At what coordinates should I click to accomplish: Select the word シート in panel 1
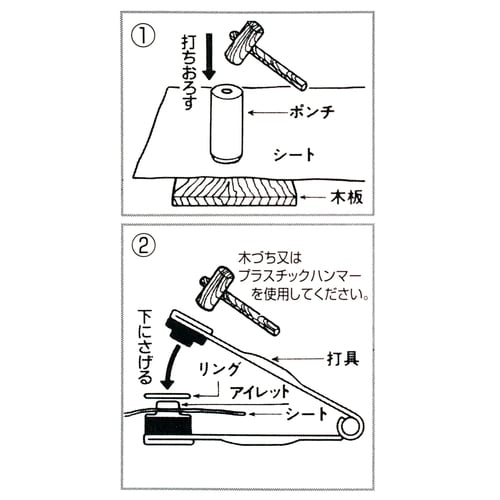pos(296,156)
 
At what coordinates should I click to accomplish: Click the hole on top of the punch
pos(225,92)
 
